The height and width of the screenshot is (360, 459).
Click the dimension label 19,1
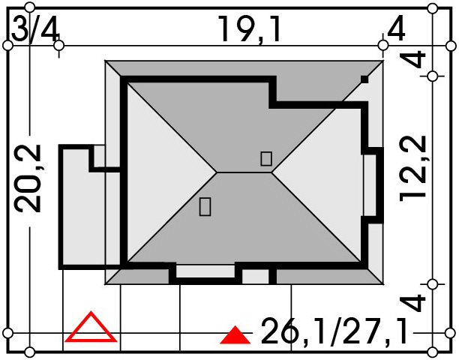click(249, 29)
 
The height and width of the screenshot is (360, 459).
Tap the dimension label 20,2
click(28, 178)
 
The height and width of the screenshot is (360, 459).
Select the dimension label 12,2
click(412, 169)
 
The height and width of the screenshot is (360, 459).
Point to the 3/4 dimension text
click(35, 28)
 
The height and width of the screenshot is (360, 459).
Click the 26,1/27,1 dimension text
click(334, 331)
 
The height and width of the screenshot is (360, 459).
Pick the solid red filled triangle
click(235, 335)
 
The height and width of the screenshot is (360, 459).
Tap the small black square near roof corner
click(364, 79)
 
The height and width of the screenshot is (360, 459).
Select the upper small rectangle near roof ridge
click(266, 159)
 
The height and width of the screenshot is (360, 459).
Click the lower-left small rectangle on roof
click(205, 207)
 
